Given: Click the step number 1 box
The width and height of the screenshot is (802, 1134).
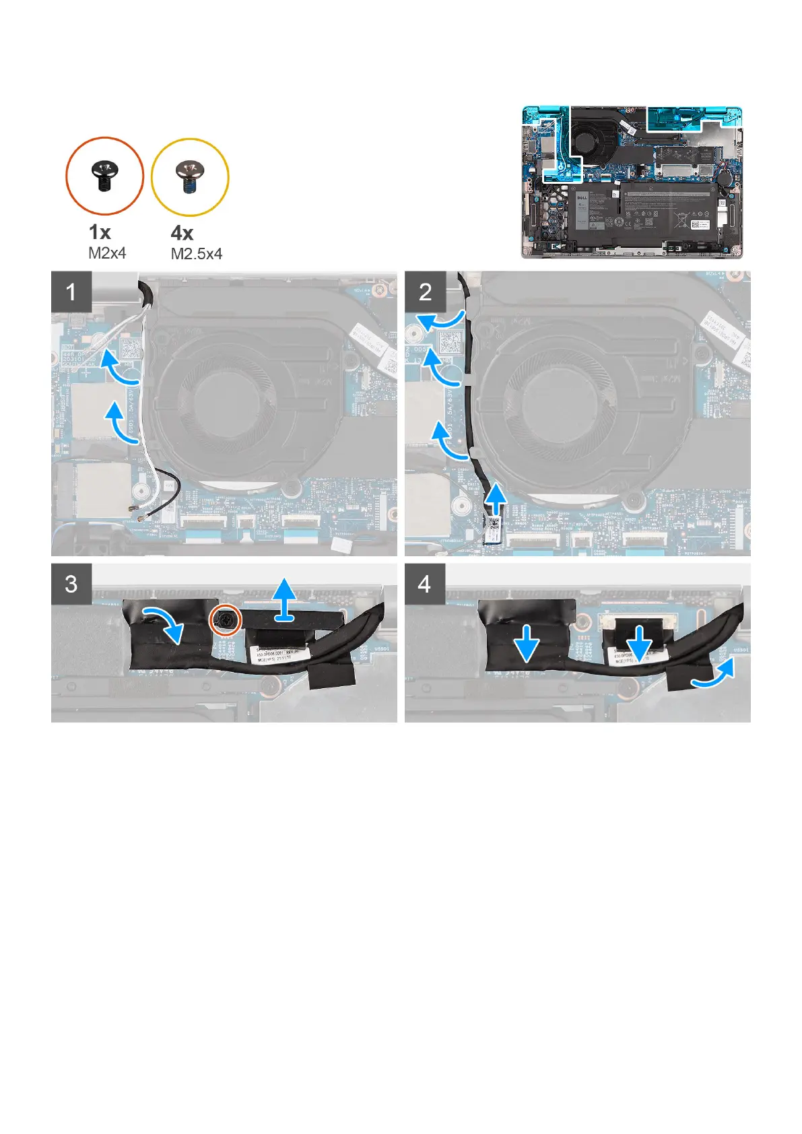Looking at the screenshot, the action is pyautogui.click(x=71, y=292).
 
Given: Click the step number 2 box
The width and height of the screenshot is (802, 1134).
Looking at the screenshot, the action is pyautogui.click(x=425, y=292).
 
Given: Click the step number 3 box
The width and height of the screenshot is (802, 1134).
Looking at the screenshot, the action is pyautogui.click(x=71, y=583).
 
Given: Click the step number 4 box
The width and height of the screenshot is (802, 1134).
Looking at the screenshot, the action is pyautogui.click(x=424, y=583).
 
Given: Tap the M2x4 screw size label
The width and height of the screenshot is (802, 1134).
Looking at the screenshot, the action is pyautogui.click(x=107, y=253).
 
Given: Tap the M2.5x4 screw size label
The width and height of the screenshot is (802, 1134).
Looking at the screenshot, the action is pyautogui.click(x=196, y=254).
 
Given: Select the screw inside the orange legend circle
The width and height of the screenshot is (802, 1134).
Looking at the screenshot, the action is pyautogui.click(x=104, y=176).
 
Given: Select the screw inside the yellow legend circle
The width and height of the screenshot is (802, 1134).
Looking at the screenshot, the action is pyautogui.click(x=190, y=176).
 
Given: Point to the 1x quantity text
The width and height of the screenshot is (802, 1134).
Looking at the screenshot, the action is pyautogui.click(x=100, y=232).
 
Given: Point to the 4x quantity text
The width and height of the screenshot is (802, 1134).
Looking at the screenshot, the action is pyautogui.click(x=182, y=233).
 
